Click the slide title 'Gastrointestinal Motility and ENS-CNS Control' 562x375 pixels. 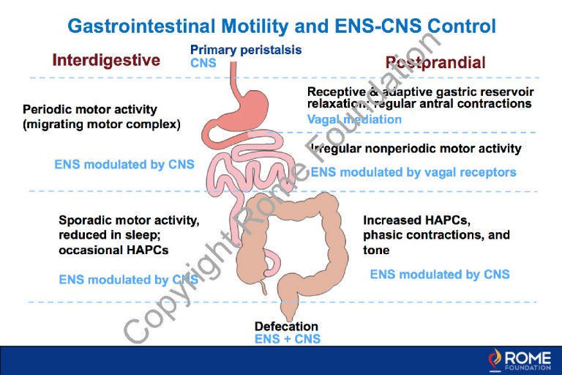282,26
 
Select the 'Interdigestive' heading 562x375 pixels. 105,60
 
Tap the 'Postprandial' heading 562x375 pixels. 435,62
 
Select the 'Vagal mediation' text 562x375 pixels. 354,119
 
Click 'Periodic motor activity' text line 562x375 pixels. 90,109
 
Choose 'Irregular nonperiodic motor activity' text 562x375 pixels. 416,149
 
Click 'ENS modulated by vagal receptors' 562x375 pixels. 413,172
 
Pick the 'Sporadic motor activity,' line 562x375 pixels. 129,220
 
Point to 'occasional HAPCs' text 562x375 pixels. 114,250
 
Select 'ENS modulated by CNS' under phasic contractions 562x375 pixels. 440,274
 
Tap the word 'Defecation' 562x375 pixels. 286,326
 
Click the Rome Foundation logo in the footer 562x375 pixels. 521,359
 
